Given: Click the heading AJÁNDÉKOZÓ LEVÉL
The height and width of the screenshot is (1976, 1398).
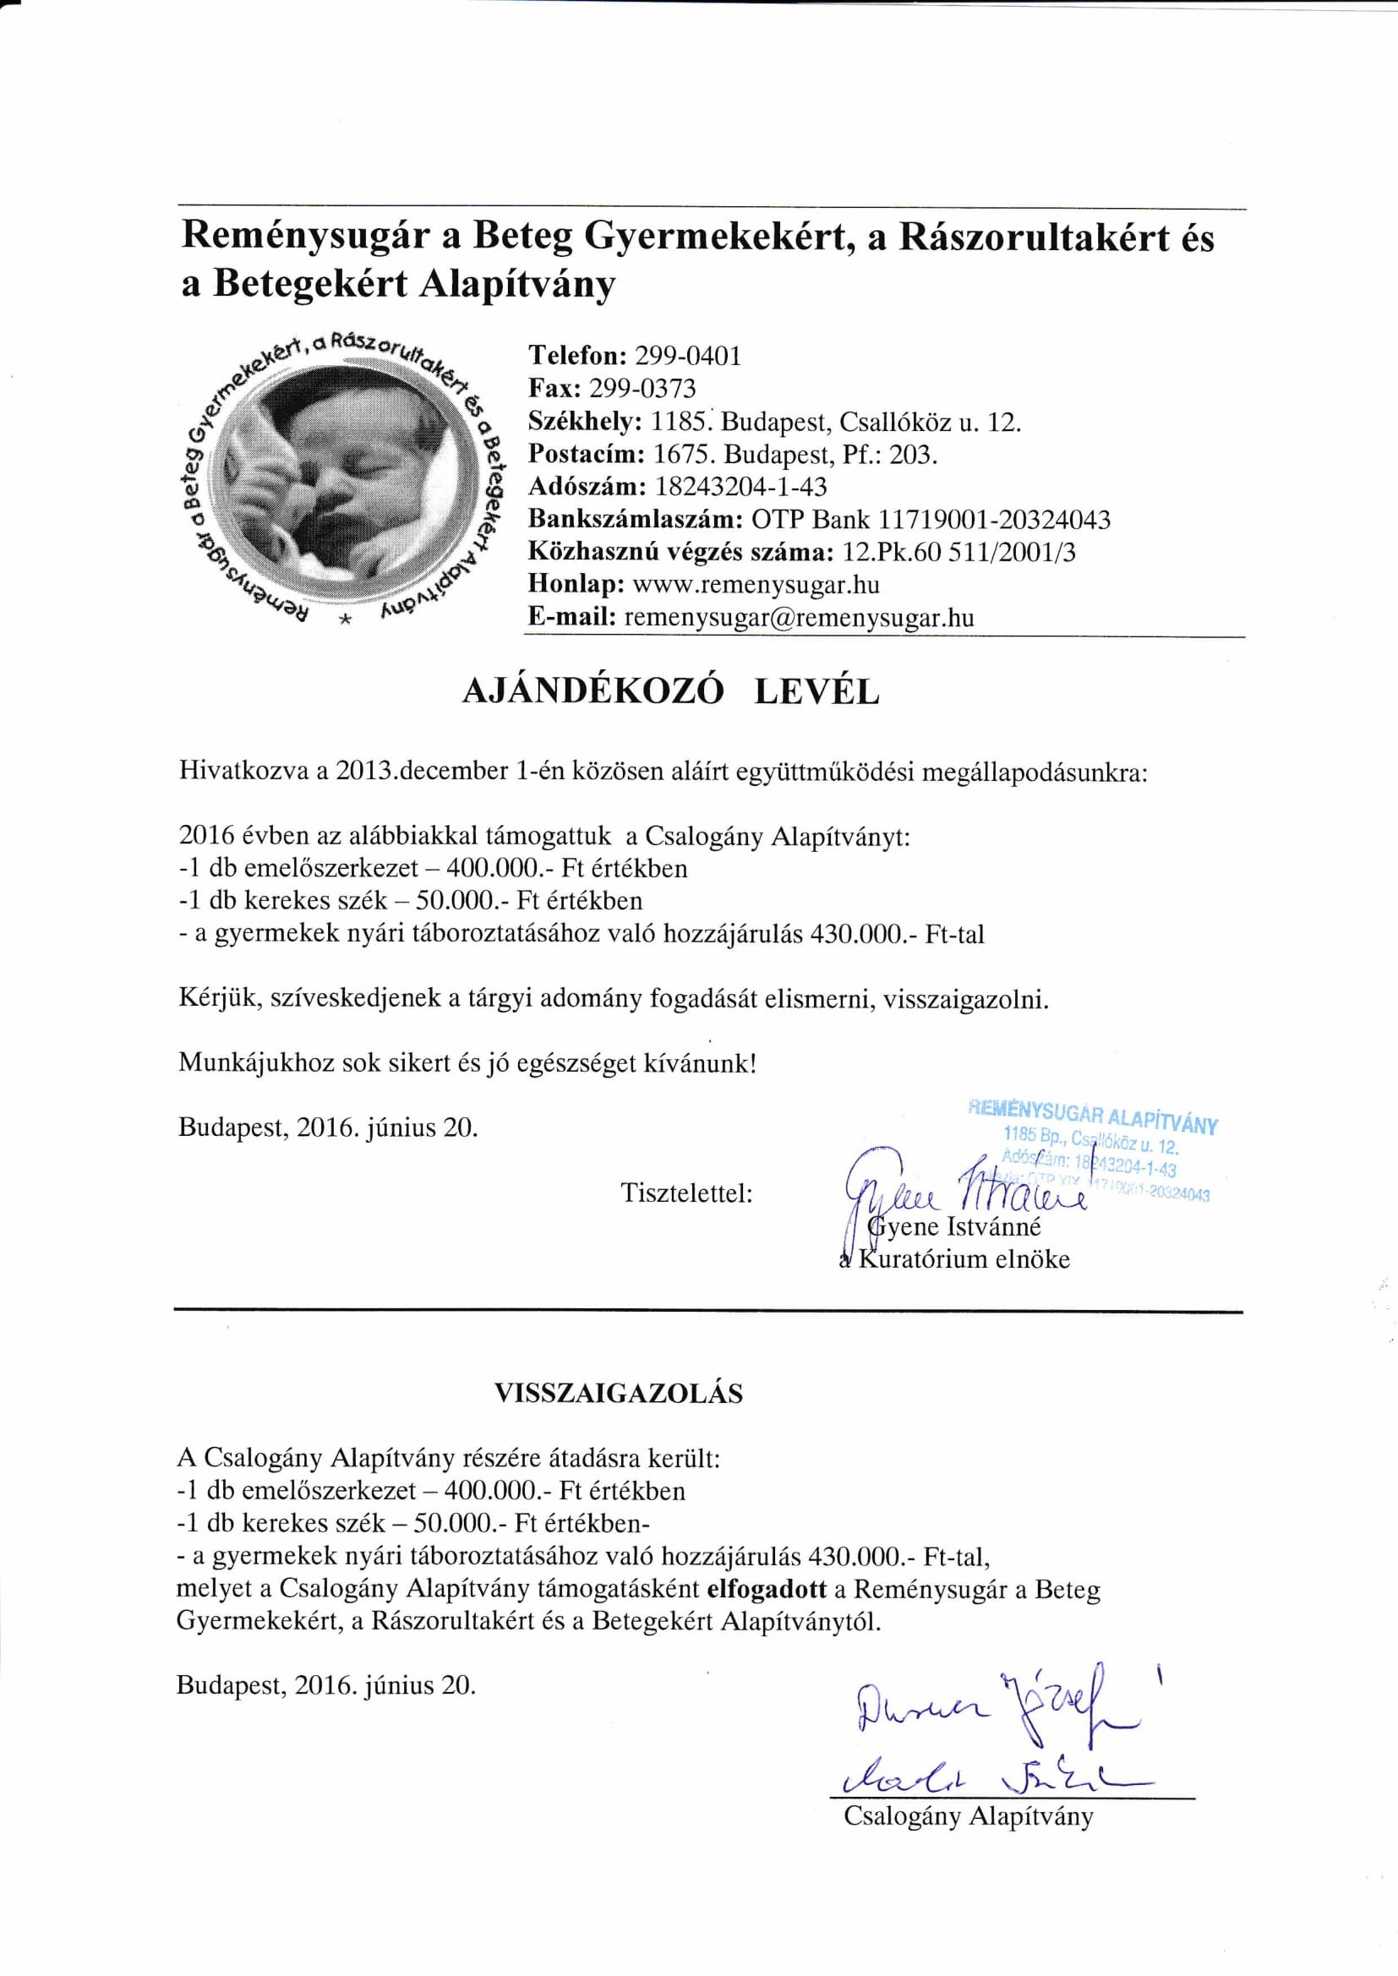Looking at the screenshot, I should [670, 692].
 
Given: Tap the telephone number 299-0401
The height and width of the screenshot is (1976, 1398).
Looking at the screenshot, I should [687, 357].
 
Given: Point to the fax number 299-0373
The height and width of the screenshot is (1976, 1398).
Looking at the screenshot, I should [642, 389].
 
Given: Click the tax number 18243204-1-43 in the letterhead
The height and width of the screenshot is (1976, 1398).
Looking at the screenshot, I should [740, 487].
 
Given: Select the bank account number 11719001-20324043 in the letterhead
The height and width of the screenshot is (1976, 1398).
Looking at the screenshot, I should [994, 520].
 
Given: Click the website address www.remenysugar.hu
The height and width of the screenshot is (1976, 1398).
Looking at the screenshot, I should [756, 585].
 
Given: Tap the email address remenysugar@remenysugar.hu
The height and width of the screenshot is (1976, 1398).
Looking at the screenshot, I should [799, 618].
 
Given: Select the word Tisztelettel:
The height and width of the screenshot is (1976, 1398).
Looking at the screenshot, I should [687, 1193].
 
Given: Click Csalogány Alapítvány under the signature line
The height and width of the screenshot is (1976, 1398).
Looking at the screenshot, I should [968, 1817].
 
